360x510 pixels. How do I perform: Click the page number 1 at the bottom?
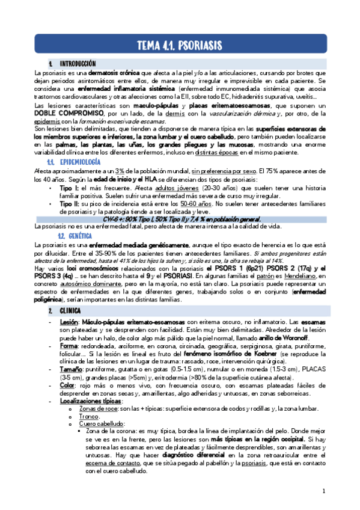point(323,492)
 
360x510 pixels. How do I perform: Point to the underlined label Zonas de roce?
point(97,408)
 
